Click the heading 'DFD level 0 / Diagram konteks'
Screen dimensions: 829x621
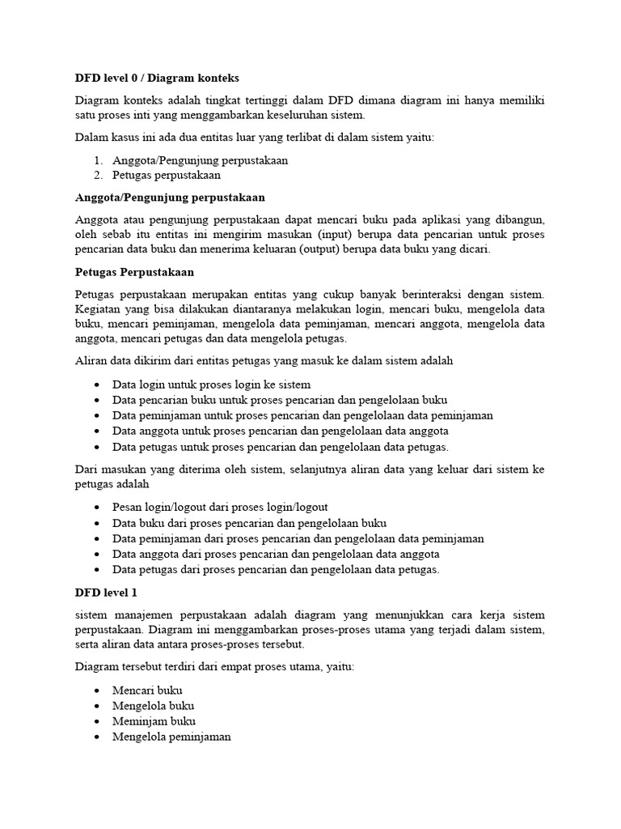tap(157, 78)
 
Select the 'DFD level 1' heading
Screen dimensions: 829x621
tap(106, 593)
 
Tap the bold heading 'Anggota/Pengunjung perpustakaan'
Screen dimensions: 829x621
tap(170, 198)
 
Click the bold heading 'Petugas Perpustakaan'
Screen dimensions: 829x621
tap(134, 272)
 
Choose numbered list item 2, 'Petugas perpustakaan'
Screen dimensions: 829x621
tap(167, 175)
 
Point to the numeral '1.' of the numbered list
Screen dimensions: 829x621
tap(99, 160)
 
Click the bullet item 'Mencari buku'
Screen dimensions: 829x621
tap(148, 691)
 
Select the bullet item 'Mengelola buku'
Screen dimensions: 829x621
tap(154, 706)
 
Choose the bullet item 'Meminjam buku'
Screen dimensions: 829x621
tap(154, 721)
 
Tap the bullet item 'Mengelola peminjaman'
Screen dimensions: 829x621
tap(171, 737)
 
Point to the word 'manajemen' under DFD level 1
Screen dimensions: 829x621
tap(147, 615)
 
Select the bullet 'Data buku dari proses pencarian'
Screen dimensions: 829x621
tap(250, 523)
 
